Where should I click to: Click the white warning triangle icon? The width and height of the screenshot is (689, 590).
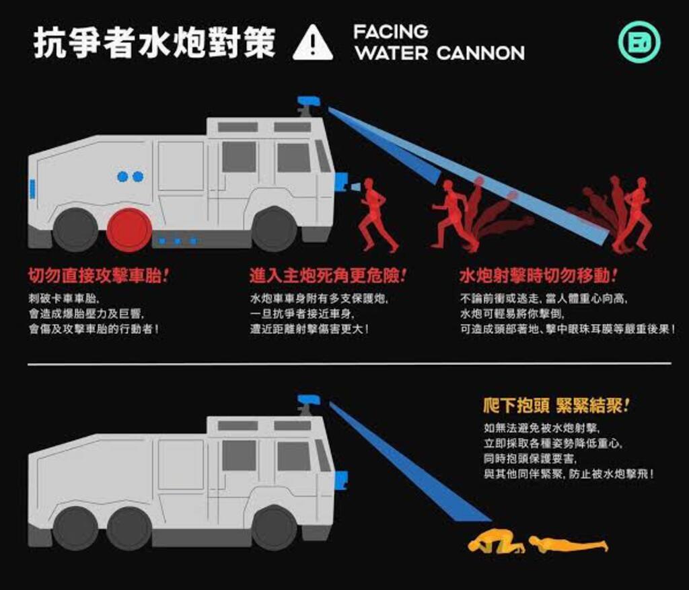pyautogui.click(x=312, y=42)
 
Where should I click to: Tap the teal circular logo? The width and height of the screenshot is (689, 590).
pyautogui.click(x=639, y=42)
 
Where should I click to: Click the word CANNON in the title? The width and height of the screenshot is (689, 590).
pyautogui.click(x=480, y=53)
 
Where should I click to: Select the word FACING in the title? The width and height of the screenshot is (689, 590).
pyautogui.click(x=391, y=31)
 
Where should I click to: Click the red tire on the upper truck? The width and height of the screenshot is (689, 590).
pyautogui.click(x=129, y=230)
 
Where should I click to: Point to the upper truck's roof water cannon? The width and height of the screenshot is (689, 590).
pyautogui.click(x=309, y=105)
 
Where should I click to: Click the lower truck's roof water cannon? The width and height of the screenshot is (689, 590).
pyautogui.click(x=309, y=404)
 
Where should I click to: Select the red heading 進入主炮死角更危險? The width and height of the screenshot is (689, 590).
pyautogui.click(x=328, y=276)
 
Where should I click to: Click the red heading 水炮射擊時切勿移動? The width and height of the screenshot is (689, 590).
pyautogui.click(x=538, y=276)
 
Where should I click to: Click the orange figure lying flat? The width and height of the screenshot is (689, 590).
pyautogui.click(x=569, y=544)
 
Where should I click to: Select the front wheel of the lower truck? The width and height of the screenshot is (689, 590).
pyautogui.click(x=275, y=528)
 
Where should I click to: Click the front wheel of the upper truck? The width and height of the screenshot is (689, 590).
pyautogui.click(x=275, y=230)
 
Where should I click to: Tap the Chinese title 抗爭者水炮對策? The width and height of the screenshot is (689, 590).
pyautogui.click(x=155, y=42)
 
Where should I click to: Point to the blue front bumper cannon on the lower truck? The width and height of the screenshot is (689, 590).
pyautogui.click(x=341, y=480)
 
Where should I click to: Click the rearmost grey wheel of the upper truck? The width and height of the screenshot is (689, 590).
pyautogui.click(x=75, y=230)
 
